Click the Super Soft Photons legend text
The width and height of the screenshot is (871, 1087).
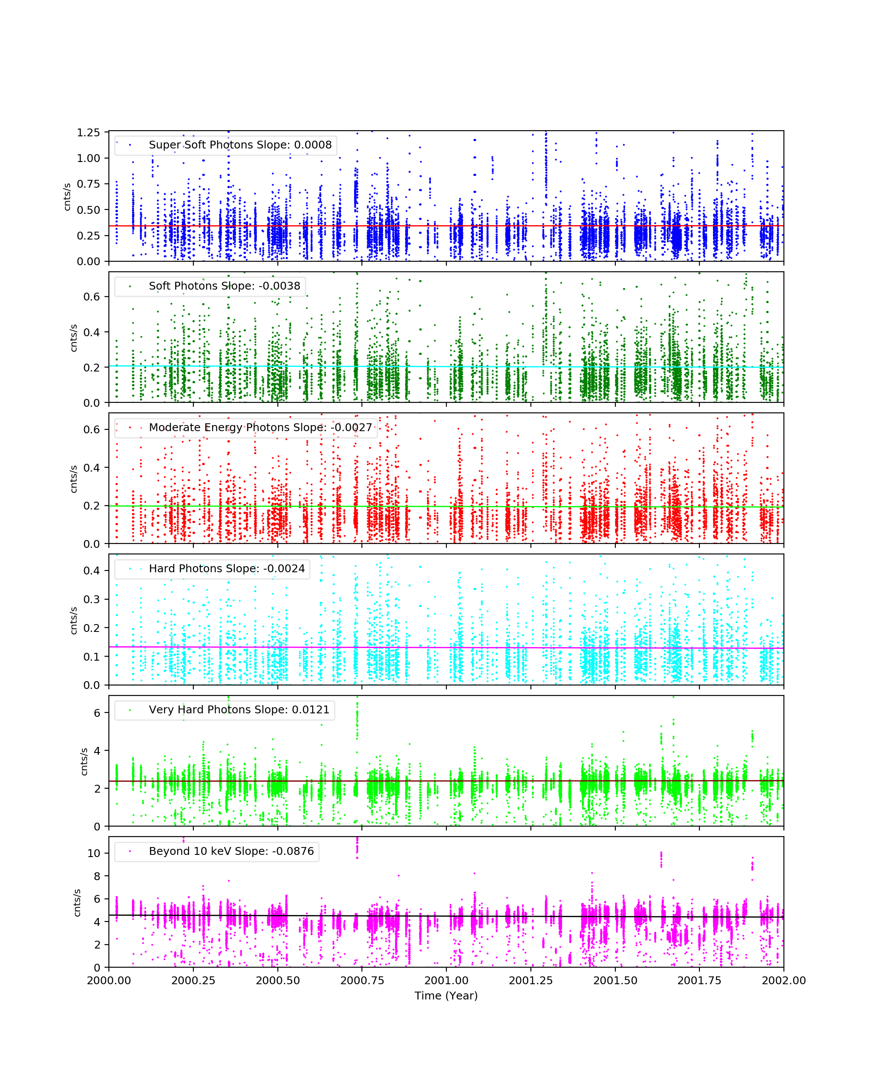[240, 145]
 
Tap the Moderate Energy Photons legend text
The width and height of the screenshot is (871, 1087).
[260, 427]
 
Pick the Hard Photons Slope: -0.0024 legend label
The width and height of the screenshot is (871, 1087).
[227, 568]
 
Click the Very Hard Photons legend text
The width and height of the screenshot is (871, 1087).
[239, 709]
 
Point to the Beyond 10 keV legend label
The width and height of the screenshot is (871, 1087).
[231, 851]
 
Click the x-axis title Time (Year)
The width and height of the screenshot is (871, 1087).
[446, 995]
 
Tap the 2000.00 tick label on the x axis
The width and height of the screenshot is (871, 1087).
[109, 980]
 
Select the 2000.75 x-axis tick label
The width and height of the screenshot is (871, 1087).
[362, 980]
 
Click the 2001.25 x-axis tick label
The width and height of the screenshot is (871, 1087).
[531, 980]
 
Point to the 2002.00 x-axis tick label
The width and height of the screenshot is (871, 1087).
[783, 980]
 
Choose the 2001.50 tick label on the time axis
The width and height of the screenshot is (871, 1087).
[615, 980]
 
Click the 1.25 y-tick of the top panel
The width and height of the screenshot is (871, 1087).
[88, 132]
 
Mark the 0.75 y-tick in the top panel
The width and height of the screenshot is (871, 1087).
[88, 184]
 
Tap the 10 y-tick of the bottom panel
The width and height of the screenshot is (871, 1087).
[94, 853]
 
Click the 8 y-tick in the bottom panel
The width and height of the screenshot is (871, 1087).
[97, 876]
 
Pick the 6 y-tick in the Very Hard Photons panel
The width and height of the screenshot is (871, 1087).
[97, 713]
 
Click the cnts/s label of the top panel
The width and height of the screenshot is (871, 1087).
[67, 197]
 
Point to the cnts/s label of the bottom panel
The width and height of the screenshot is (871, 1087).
[77, 902]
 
